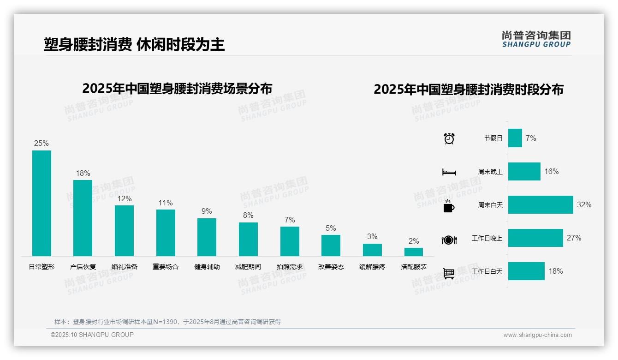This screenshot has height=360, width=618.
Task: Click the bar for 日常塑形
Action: tap(42, 203)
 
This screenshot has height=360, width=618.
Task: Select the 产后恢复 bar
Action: tap(83, 218)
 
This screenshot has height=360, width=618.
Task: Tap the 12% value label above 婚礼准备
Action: tap(124, 199)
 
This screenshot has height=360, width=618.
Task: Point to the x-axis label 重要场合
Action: tap(166, 267)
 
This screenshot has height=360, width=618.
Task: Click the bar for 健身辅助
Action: tap(207, 237)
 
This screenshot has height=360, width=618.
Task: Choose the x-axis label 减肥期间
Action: tap(248, 267)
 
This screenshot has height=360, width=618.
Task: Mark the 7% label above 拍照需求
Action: tap(290, 220)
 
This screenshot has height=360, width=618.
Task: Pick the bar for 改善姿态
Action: tap(331, 246)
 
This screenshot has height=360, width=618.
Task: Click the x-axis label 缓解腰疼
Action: tap(372, 267)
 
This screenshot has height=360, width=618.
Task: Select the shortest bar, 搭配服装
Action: tap(414, 252)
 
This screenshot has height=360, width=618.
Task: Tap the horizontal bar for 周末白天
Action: tap(541, 204)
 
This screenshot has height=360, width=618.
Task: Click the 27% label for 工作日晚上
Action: tap(574, 238)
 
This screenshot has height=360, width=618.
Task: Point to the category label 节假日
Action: tap(493, 138)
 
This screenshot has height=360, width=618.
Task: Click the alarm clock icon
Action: tap(449, 138)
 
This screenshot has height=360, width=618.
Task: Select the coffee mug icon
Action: tap(449, 205)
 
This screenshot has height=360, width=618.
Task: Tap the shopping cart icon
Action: tap(449, 273)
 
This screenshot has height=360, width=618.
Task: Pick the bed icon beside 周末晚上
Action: tap(449, 172)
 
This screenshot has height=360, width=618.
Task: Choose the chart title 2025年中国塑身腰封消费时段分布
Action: tap(469, 90)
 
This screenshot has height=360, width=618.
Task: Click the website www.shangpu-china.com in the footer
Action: tap(537, 335)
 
